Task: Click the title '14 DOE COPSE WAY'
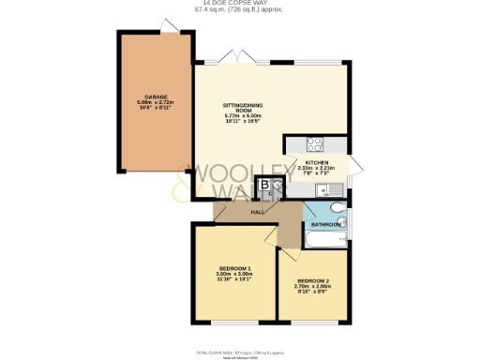(239, 3)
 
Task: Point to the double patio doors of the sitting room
(239, 57)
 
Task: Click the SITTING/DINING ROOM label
(239, 106)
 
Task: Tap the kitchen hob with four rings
(316, 144)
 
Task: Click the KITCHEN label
(315, 160)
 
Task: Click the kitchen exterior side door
(355, 169)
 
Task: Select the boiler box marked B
(265, 186)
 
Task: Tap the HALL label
(256, 213)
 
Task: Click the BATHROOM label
(325, 225)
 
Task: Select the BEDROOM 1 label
(235, 269)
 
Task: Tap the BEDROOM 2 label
(313, 280)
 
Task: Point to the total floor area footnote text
(239, 352)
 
